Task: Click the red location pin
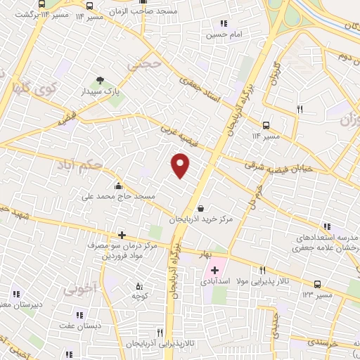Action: point(181,165)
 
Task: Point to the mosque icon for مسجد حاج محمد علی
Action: point(117,186)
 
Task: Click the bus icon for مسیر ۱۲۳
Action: point(318,284)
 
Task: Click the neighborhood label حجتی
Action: point(146,64)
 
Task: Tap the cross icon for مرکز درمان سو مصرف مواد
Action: point(122,235)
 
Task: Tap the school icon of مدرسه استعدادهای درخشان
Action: point(328,227)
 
